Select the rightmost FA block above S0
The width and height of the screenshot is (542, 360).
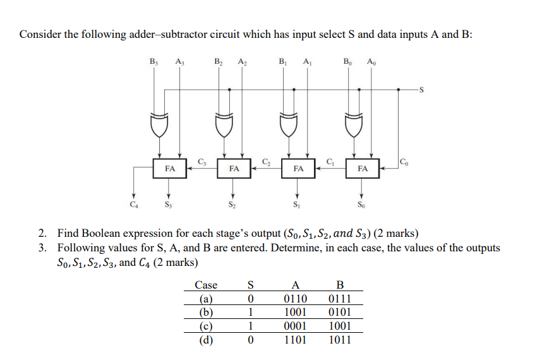click(362, 169)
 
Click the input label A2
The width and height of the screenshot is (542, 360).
click(242, 61)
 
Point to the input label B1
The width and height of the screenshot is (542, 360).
click(283, 61)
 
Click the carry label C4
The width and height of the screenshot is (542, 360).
click(133, 204)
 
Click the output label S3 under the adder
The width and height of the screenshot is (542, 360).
click(168, 204)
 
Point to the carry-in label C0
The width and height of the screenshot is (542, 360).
click(404, 162)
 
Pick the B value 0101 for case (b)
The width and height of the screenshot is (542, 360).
click(341, 312)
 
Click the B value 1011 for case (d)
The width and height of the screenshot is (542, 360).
click(341, 340)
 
